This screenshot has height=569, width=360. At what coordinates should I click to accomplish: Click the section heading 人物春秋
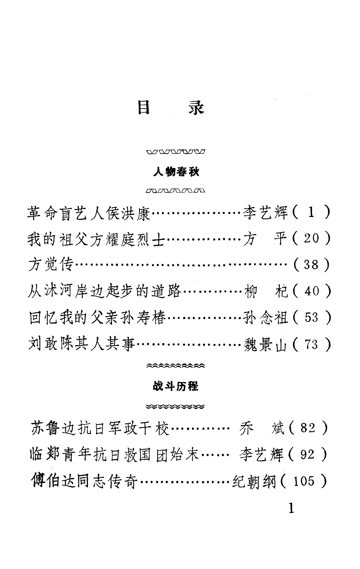click(176, 172)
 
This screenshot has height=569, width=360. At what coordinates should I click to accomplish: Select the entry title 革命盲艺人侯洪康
click(89, 213)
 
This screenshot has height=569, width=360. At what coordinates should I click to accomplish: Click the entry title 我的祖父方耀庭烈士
click(96, 239)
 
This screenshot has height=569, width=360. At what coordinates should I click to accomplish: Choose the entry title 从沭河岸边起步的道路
click(105, 291)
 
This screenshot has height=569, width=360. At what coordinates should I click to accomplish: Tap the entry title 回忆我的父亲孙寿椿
click(97, 318)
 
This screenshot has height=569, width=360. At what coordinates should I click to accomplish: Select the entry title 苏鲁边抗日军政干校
click(100, 428)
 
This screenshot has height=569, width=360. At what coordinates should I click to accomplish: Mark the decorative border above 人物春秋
click(176, 152)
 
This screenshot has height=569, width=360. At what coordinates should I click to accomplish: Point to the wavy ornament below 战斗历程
click(176, 407)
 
